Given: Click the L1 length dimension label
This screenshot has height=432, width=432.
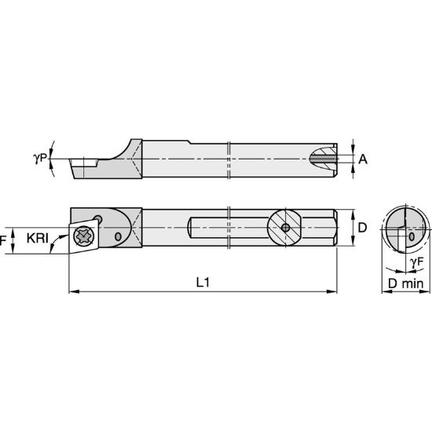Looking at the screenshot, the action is click(203, 283).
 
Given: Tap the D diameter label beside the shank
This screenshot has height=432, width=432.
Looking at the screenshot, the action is click(362, 228).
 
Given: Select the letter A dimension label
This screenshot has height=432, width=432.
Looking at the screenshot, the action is click(363, 159).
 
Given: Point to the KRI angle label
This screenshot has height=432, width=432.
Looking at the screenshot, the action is click(38, 238).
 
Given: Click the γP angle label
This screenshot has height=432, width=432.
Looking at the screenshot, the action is click(40, 158).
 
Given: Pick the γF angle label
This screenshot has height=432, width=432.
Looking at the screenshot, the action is click(416, 262).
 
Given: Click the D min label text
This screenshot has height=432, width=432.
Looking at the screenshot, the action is click(405, 284).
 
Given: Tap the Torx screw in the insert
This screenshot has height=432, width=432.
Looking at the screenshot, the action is click(84, 236).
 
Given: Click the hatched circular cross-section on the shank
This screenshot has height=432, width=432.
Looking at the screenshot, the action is click(286, 228).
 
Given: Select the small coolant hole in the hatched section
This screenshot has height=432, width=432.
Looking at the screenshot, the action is click(286, 228).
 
